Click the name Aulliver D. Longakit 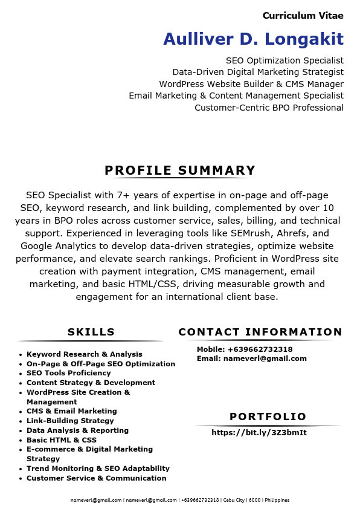(253, 39)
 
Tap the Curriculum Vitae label (303, 16)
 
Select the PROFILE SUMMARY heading (180, 170)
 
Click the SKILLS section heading (91, 332)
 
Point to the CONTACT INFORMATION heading (260, 332)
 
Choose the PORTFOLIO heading (268, 417)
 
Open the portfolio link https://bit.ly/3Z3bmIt (259, 433)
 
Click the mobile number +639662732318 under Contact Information (260, 349)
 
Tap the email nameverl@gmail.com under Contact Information (265, 358)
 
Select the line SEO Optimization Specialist (284, 60)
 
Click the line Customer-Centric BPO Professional (269, 108)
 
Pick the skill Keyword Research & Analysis (85, 354)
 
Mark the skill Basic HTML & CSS (62, 440)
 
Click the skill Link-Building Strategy (70, 421)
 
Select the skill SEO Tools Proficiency (69, 373)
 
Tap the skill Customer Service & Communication (97, 478)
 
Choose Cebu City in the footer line (234, 501)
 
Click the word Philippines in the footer (277, 501)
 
